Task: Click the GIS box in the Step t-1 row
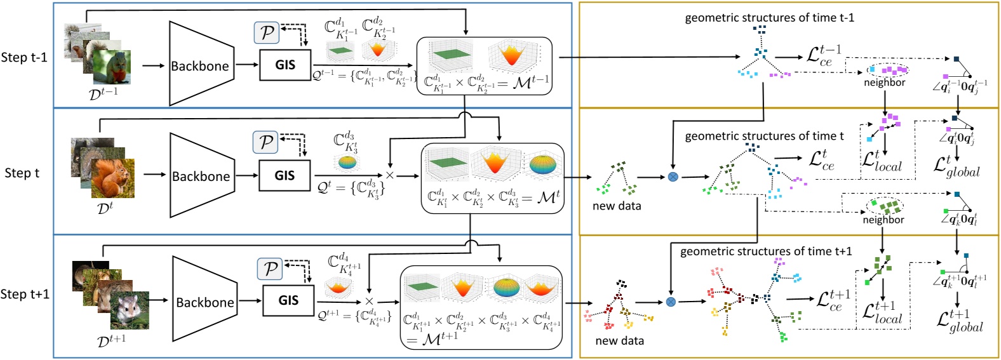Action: [x=285, y=65]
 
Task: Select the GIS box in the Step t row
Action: [x=285, y=176]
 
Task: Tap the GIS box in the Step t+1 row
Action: [x=288, y=300]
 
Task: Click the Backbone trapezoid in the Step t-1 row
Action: [x=199, y=65]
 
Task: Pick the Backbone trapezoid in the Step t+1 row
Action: [x=204, y=302]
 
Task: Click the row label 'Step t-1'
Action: [x=24, y=57]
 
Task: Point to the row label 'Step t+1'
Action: [x=25, y=294]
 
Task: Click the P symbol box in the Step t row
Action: [x=266, y=142]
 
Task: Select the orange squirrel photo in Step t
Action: [x=112, y=179]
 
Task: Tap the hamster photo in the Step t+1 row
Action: [x=130, y=310]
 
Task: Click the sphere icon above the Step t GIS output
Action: [x=347, y=163]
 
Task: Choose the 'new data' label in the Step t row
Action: [x=616, y=206]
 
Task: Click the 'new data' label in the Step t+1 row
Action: [x=619, y=341]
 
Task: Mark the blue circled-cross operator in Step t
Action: [x=673, y=177]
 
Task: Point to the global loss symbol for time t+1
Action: [x=960, y=321]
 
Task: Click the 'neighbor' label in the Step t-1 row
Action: [x=884, y=83]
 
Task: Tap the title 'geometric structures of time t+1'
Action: [x=766, y=251]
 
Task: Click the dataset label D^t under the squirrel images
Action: [x=105, y=208]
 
